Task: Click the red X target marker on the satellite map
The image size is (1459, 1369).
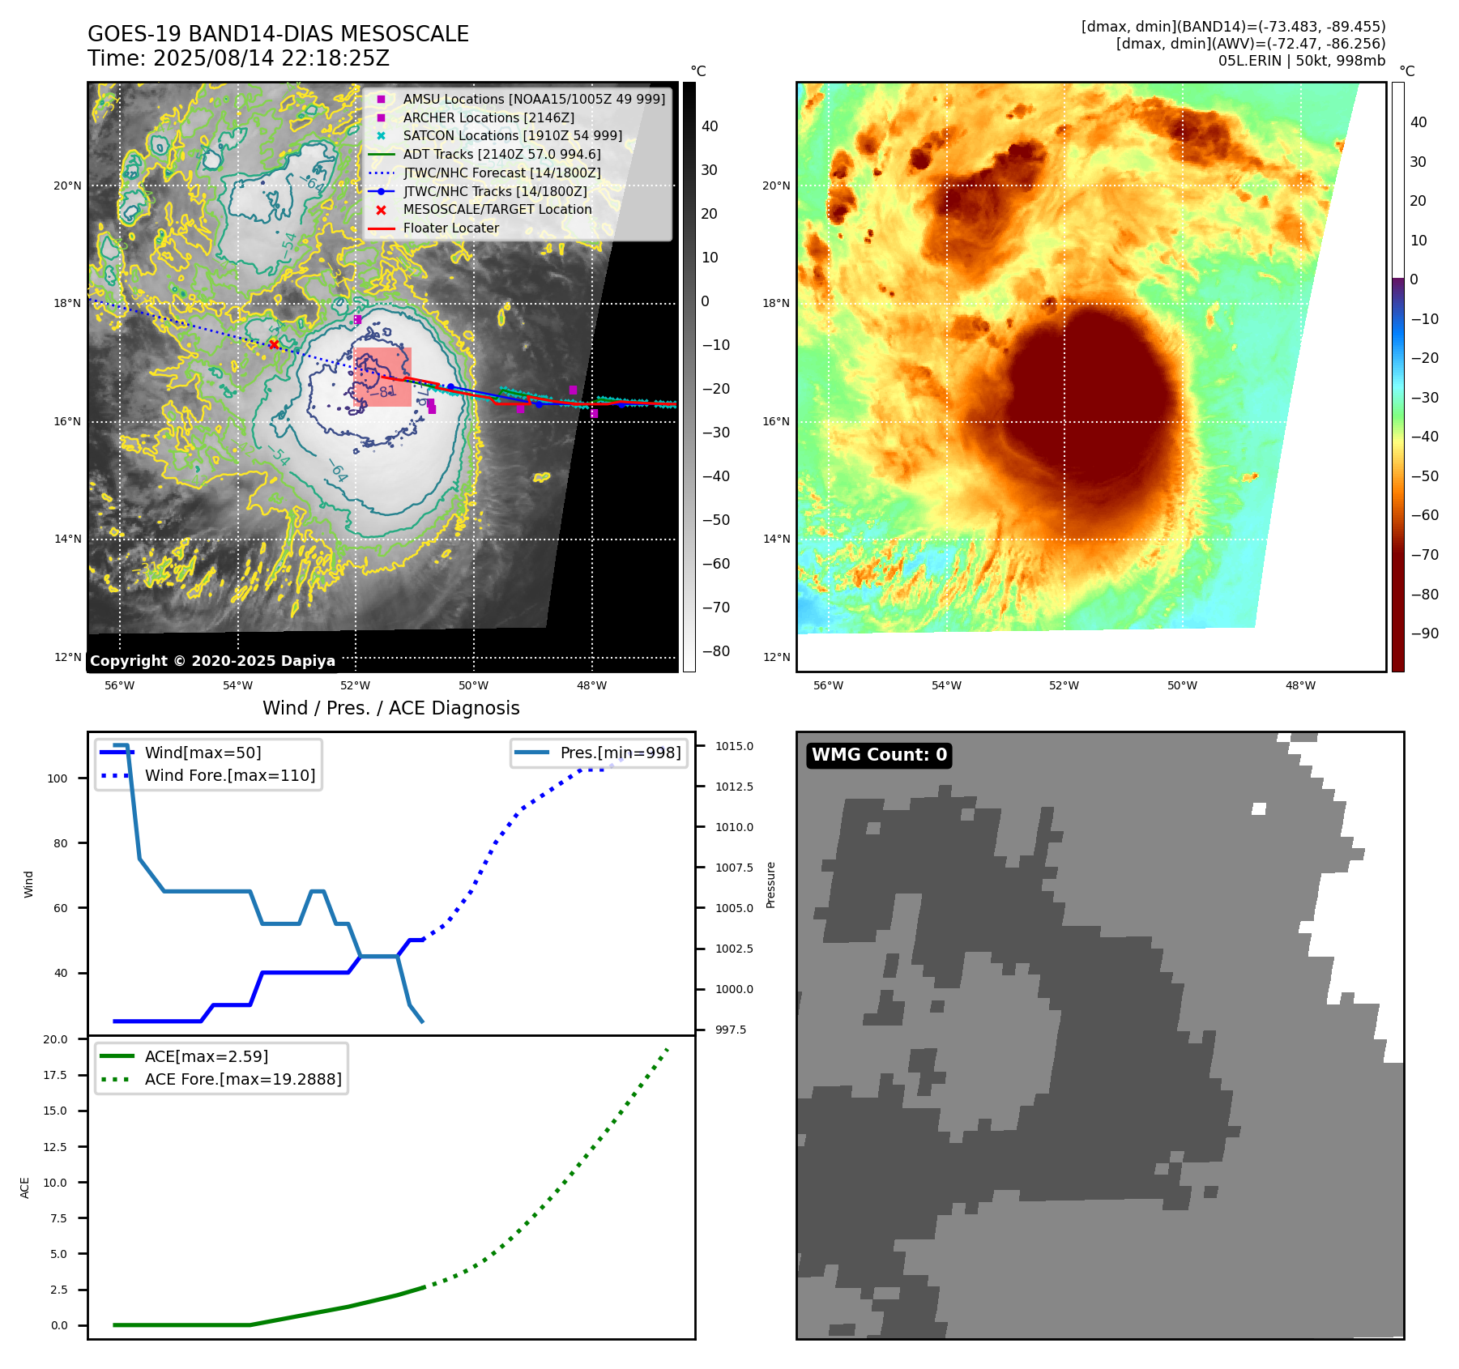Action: (x=274, y=345)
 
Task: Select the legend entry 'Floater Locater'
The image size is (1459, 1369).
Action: (x=450, y=228)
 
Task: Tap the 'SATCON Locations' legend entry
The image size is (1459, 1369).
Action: (x=512, y=136)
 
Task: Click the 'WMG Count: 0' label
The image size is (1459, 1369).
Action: (x=879, y=755)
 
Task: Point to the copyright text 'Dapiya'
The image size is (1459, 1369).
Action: (x=308, y=661)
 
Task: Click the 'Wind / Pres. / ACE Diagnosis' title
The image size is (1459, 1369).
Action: (x=390, y=708)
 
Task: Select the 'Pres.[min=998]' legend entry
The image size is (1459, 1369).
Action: (x=620, y=753)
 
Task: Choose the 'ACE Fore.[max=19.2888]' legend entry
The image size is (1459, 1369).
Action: (x=243, y=1079)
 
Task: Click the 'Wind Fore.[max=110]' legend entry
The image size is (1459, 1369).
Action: (x=230, y=775)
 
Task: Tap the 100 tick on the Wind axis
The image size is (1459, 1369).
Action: (x=58, y=778)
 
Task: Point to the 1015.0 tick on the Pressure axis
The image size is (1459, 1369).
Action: (x=734, y=746)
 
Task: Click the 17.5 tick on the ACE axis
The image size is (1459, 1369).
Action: (x=55, y=1075)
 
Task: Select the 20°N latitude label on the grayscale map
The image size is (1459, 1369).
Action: (x=67, y=186)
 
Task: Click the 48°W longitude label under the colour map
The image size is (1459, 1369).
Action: (x=1300, y=685)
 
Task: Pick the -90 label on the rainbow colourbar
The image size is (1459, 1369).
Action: (x=1424, y=633)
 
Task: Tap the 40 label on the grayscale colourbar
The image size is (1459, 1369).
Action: (x=710, y=126)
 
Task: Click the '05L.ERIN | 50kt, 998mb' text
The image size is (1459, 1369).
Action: (x=1301, y=61)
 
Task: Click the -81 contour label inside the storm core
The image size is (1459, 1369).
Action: (x=386, y=392)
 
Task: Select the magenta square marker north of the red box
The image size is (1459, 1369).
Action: (x=357, y=320)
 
